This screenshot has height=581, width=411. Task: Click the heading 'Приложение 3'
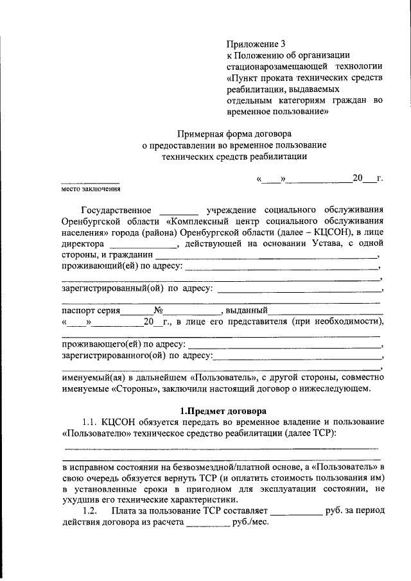coord(256,44)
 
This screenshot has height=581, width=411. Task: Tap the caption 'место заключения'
coord(90,189)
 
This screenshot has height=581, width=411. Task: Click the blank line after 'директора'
coord(143,245)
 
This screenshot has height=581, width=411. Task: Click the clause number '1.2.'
coord(90,510)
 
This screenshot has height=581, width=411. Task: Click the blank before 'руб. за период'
coord(296,512)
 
